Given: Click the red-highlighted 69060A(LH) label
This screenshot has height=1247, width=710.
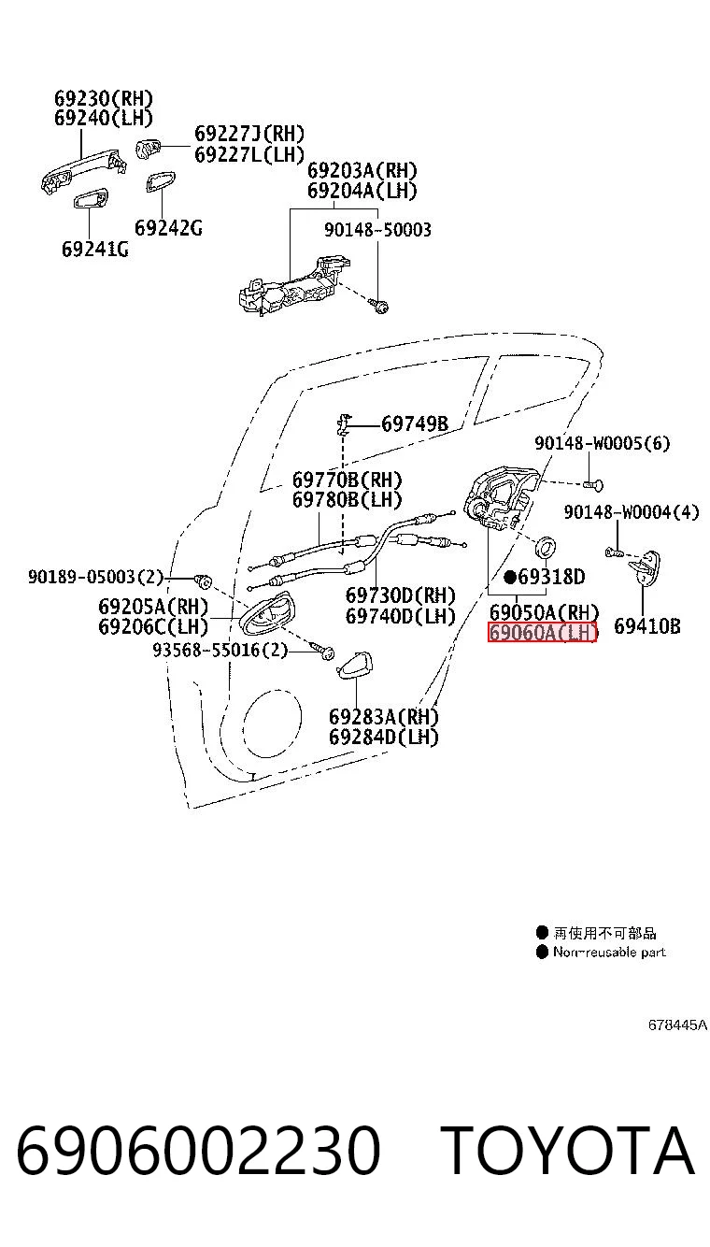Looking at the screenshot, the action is (x=542, y=633).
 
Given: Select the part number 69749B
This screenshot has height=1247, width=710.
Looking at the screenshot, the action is (x=415, y=424).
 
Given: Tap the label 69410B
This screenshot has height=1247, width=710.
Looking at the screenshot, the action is (x=647, y=626).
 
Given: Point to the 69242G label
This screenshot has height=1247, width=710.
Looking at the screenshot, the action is (x=168, y=228).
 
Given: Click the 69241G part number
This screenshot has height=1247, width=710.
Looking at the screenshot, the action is (x=94, y=249).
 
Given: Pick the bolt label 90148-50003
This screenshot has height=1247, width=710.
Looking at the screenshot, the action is (x=377, y=229).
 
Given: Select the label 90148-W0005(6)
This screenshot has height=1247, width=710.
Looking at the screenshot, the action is (x=602, y=443).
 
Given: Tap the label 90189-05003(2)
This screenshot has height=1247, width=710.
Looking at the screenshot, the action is (x=95, y=576).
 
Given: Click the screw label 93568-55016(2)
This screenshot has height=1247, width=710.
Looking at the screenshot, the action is (x=220, y=650).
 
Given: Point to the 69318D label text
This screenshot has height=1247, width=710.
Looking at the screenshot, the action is (x=551, y=577).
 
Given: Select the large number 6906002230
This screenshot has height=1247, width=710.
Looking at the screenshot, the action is (x=199, y=1150).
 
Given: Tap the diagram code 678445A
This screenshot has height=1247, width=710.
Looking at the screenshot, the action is (x=677, y=1025).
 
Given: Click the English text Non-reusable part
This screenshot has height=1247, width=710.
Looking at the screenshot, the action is (x=609, y=952).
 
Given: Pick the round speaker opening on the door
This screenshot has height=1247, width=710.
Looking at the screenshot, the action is (x=272, y=722).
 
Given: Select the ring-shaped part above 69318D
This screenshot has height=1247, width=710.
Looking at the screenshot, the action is (x=546, y=547).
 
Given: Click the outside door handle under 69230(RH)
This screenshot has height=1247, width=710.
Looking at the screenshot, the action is (x=83, y=170).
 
